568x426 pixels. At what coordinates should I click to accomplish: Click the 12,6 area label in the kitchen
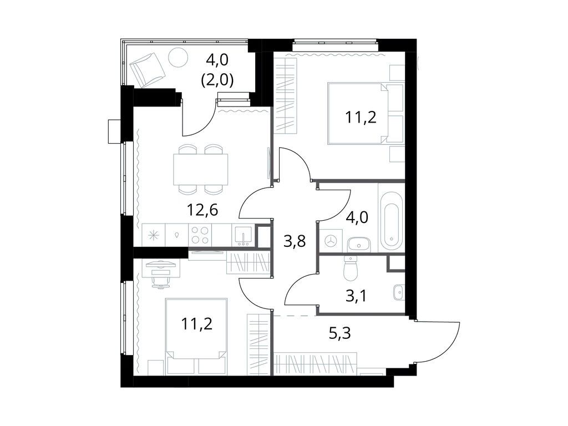pos(202,209)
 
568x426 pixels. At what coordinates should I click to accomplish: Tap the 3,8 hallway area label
pos(295,241)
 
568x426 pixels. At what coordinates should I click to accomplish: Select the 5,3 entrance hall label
pos(340,333)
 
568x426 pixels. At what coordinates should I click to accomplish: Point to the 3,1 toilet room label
pos(356,296)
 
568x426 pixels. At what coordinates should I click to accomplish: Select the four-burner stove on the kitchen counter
pos(199,235)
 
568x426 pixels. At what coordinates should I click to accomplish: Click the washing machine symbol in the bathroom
pos(331,240)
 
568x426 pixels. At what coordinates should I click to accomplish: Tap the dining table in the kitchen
pos(201,169)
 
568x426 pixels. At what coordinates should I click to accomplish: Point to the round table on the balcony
pos(179,58)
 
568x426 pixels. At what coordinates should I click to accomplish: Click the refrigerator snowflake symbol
pos(154,235)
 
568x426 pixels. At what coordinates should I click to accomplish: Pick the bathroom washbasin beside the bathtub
pos(358,244)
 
